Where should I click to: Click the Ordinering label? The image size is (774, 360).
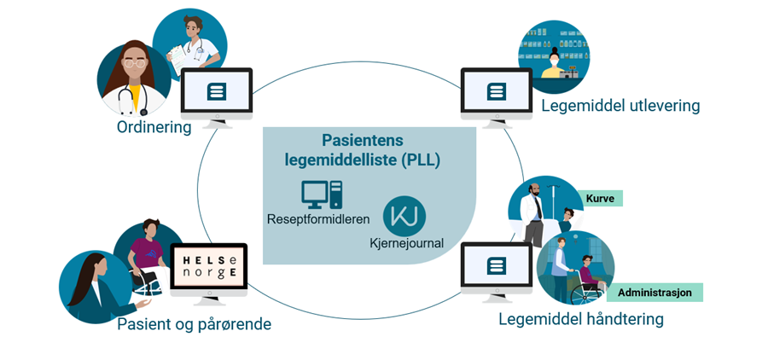pyautogui.click(x=154, y=127)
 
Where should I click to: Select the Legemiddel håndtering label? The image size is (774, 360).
pyautogui.click(x=580, y=320)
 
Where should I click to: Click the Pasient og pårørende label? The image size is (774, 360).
pyautogui.click(x=194, y=325)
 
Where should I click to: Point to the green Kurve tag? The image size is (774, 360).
pyautogui.click(x=601, y=199)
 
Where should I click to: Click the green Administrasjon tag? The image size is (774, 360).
pyautogui.click(x=654, y=293)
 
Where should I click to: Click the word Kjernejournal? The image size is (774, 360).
pyautogui.click(x=407, y=243)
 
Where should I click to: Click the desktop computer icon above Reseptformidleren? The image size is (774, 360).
pyautogui.click(x=322, y=194)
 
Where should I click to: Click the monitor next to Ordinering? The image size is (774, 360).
pyautogui.click(x=217, y=94)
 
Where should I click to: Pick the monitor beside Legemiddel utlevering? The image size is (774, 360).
pyautogui.click(x=496, y=94)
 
